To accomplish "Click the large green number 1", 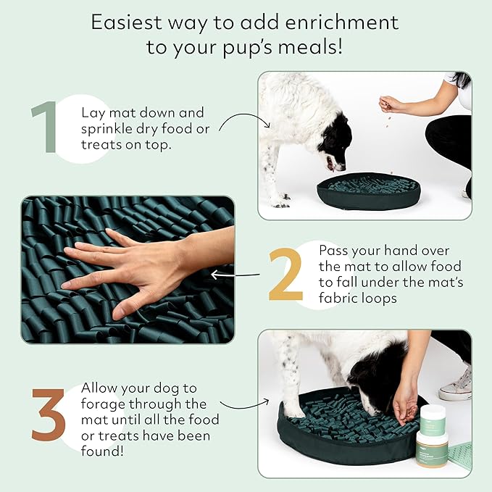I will point(46,129).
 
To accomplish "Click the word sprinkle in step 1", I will point(107,130).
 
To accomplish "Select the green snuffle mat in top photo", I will point(370,191).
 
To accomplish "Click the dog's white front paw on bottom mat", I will point(293,410).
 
